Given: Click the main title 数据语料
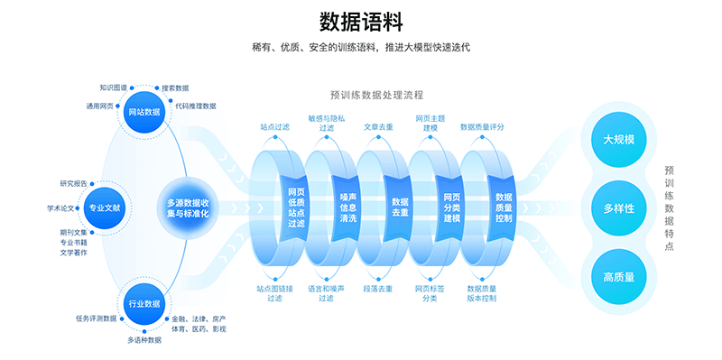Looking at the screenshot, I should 361,21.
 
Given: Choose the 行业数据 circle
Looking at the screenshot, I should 144,304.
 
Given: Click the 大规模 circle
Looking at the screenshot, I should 619,140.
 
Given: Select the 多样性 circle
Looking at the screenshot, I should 619,208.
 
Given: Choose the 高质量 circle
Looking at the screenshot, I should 619,277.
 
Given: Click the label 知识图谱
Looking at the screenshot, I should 114,88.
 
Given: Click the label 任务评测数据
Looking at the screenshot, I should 93,318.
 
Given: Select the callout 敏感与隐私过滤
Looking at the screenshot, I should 327,123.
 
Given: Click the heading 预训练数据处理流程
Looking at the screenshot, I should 377,94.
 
